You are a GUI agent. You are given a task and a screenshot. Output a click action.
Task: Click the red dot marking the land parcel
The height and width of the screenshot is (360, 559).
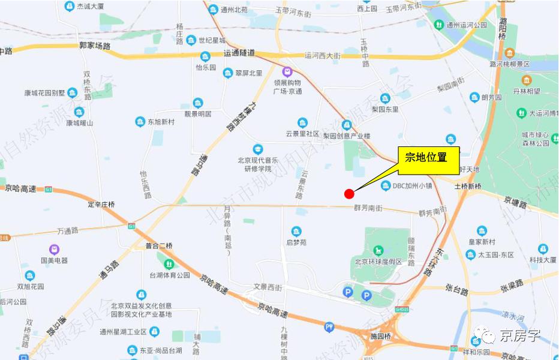(349, 193)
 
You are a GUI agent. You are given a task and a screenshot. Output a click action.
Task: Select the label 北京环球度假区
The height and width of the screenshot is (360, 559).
(378, 262)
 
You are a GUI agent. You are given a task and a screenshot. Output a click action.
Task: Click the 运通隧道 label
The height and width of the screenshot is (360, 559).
(239, 53)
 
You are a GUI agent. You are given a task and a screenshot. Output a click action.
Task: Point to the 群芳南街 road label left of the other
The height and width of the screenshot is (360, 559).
(368, 208)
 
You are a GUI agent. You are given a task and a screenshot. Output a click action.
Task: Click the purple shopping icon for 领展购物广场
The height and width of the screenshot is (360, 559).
(287, 71)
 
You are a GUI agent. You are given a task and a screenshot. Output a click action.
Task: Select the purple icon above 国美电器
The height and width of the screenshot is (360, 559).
(55, 248)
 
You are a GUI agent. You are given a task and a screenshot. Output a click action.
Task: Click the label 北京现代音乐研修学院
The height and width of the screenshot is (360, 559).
(257, 164)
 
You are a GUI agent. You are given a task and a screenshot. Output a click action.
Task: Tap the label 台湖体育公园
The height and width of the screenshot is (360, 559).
(170, 275)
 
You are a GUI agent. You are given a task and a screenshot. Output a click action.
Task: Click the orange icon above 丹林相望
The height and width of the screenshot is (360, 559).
(526, 80)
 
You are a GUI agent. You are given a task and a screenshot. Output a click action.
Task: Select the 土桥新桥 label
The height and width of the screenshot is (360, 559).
(468, 187)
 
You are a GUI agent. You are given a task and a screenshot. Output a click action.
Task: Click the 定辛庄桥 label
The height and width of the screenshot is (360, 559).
(101, 205)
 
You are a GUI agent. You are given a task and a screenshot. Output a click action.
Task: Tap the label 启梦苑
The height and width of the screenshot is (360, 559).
(296, 242)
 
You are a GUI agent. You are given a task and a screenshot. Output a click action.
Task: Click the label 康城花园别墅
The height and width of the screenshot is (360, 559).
(44, 93)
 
